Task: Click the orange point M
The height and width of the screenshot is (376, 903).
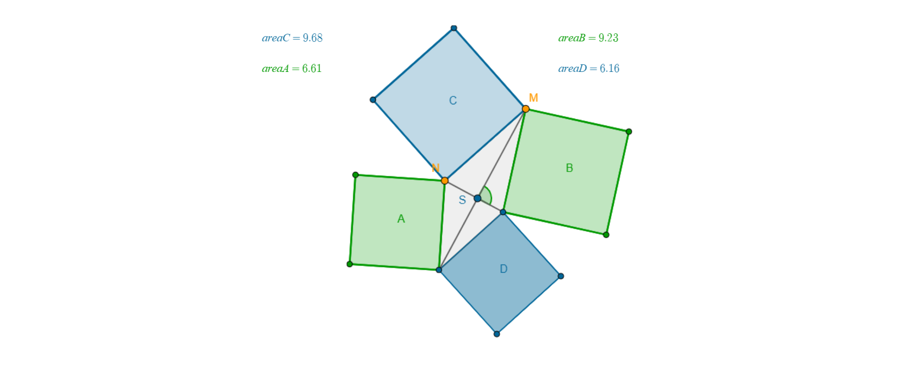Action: (x=526, y=109)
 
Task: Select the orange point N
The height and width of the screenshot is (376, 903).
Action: (x=445, y=180)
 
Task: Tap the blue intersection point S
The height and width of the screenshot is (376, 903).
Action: (x=477, y=198)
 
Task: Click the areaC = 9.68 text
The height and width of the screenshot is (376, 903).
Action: (x=292, y=38)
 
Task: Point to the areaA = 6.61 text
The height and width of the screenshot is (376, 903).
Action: (x=292, y=69)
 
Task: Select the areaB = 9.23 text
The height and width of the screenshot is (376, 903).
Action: (x=588, y=38)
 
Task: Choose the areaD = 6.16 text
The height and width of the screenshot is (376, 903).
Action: (x=589, y=69)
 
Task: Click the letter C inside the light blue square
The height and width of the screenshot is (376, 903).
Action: (x=453, y=101)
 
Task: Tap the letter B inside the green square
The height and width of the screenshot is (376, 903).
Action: (x=570, y=168)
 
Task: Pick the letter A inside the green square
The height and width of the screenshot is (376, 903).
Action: (x=401, y=219)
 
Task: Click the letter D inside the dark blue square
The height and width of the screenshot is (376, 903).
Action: (x=504, y=269)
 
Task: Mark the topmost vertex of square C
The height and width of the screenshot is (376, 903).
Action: (x=454, y=28)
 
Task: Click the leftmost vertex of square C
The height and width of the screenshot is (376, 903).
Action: (x=373, y=100)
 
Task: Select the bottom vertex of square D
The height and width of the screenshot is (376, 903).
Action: (x=497, y=334)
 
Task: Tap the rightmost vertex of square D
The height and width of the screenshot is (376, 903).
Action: (x=561, y=276)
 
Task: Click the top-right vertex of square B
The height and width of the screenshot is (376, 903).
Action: (x=629, y=132)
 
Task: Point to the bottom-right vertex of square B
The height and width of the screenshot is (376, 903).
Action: (x=606, y=235)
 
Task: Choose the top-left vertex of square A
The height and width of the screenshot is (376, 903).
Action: (x=356, y=175)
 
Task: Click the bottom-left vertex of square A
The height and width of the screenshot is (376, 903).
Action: (x=349, y=264)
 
